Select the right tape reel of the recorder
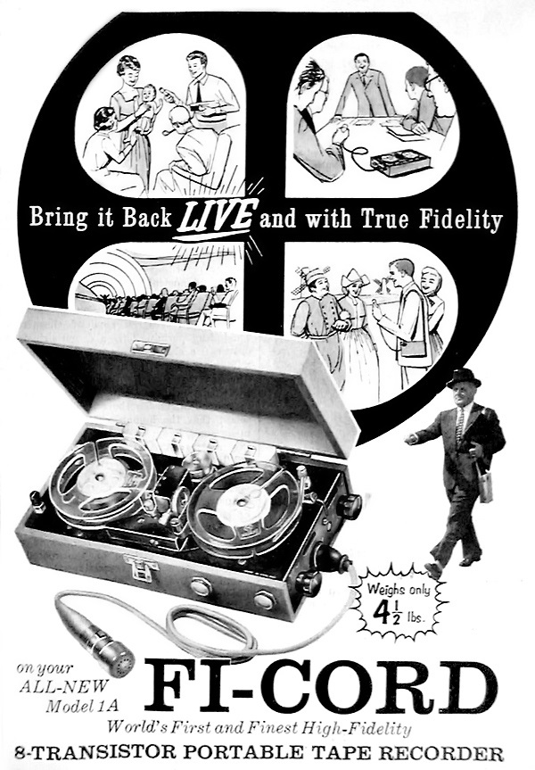coord(243,505)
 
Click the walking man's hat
coord(464,377)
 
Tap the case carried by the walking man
coord(484,481)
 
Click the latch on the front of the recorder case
coord(141,566)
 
